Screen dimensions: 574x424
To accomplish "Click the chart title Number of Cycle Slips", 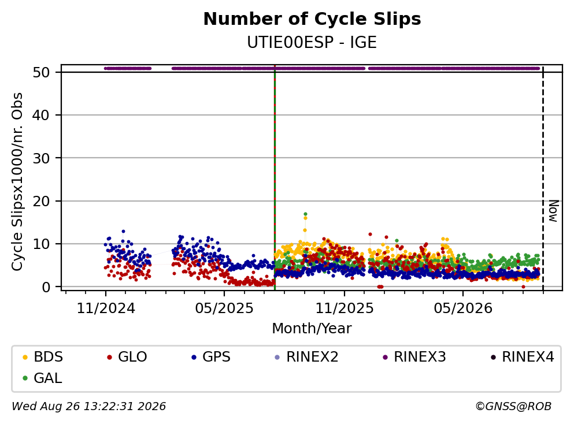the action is [x=312, y=19].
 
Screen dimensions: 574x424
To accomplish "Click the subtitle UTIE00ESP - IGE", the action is [x=312, y=43].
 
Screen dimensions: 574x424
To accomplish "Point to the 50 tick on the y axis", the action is [x=42, y=72].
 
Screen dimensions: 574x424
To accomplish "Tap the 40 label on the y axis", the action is [x=42, y=115].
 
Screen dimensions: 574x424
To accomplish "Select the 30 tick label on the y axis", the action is [x=42, y=158].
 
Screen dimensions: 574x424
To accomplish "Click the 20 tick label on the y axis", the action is [x=42, y=201].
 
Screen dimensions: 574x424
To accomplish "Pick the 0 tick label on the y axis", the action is [x=46, y=287].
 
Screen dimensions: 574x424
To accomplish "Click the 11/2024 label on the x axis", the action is [x=106, y=308].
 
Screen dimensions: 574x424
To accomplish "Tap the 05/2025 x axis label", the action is [x=224, y=308].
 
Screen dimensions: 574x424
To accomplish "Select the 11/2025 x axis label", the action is [x=345, y=308].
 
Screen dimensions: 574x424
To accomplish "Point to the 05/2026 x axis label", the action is [x=463, y=308].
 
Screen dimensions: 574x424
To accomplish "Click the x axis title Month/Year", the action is [x=312, y=329].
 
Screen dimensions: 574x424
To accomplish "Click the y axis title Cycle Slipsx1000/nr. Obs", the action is [x=17, y=182].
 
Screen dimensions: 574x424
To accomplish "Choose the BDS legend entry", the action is [x=43, y=356].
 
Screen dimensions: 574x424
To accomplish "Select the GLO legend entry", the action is [x=127, y=356].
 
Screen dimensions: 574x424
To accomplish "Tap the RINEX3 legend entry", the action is [x=414, y=356].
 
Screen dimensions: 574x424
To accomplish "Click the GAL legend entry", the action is [x=42, y=378].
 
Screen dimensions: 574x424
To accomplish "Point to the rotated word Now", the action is [x=554, y=211].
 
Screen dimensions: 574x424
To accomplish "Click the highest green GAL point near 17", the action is [x=305, y=214].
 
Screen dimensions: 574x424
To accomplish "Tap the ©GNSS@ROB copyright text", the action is [x=513, y=406].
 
